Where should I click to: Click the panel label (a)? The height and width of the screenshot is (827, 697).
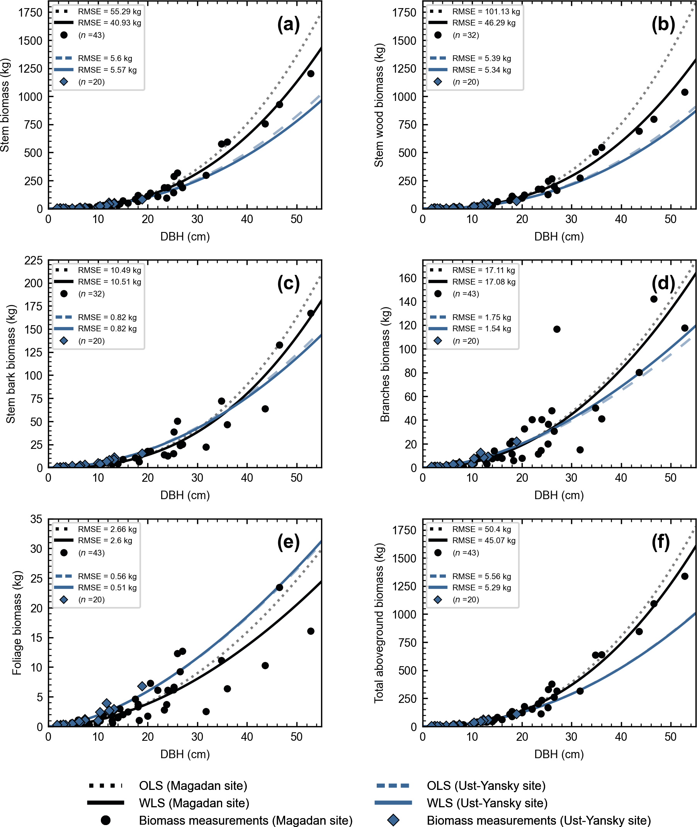pos(289,24)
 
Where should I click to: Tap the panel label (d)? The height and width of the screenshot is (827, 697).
pos(663,283)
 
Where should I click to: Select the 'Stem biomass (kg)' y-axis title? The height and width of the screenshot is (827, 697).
pos(5,105)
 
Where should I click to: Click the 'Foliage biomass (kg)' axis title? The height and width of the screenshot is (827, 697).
pos(17,622)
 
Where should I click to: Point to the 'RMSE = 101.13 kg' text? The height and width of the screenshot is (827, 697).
pos(486,12)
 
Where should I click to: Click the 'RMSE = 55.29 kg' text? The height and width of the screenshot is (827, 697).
pos(109,12)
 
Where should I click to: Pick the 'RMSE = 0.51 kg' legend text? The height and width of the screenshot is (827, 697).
pos(107,587)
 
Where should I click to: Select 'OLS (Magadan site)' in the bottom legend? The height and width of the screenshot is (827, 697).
pos(193,786)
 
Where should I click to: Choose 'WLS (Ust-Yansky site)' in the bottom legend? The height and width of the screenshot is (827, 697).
pos(487,803)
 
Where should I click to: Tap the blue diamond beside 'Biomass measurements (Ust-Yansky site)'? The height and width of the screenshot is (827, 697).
pos(393,820)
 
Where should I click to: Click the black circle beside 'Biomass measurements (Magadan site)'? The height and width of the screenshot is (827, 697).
pos(105,820)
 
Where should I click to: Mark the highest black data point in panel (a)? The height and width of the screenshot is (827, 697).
pos(311,73)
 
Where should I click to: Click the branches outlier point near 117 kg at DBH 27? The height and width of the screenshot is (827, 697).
pos(557,329)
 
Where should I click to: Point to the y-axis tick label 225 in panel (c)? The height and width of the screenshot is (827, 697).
pos(33,261)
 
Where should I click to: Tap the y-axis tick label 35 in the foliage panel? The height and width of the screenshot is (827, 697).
pos(36,519)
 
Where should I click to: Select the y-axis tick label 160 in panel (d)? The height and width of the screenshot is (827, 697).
pos(408,278)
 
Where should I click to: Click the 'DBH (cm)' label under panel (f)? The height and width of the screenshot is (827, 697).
pos(559,754)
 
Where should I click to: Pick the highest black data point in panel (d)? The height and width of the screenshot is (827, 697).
pos(654,299)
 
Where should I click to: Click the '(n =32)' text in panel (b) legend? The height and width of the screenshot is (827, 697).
pos(466,35)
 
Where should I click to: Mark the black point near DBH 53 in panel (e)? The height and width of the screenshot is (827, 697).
pos(311,631)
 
